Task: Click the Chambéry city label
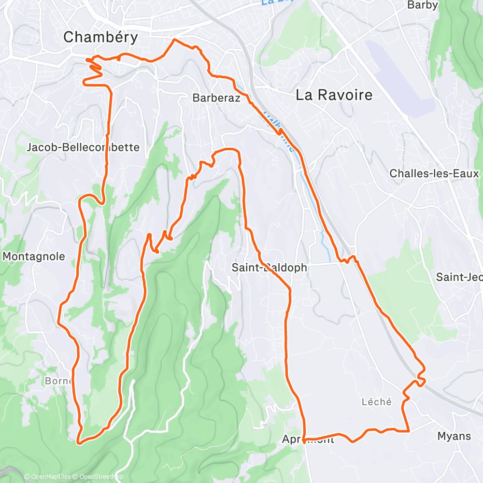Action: tap(100, 37)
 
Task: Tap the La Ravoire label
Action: tap(334, 95)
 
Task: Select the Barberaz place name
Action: tap(215, 98)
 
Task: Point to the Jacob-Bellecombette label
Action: tap(84, 147)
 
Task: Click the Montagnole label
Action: tap(34, 256)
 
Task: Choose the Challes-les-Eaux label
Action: tap(434, 173)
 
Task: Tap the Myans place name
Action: tap(454, 436)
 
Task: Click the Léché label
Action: tap(376, 402)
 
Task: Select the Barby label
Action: tap(423, 5)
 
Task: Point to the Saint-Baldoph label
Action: tap(269, 267)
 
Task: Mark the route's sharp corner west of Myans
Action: tap(409, 430)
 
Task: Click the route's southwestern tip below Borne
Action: tap(78, 440)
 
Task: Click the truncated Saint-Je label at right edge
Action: tap(459, 277)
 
